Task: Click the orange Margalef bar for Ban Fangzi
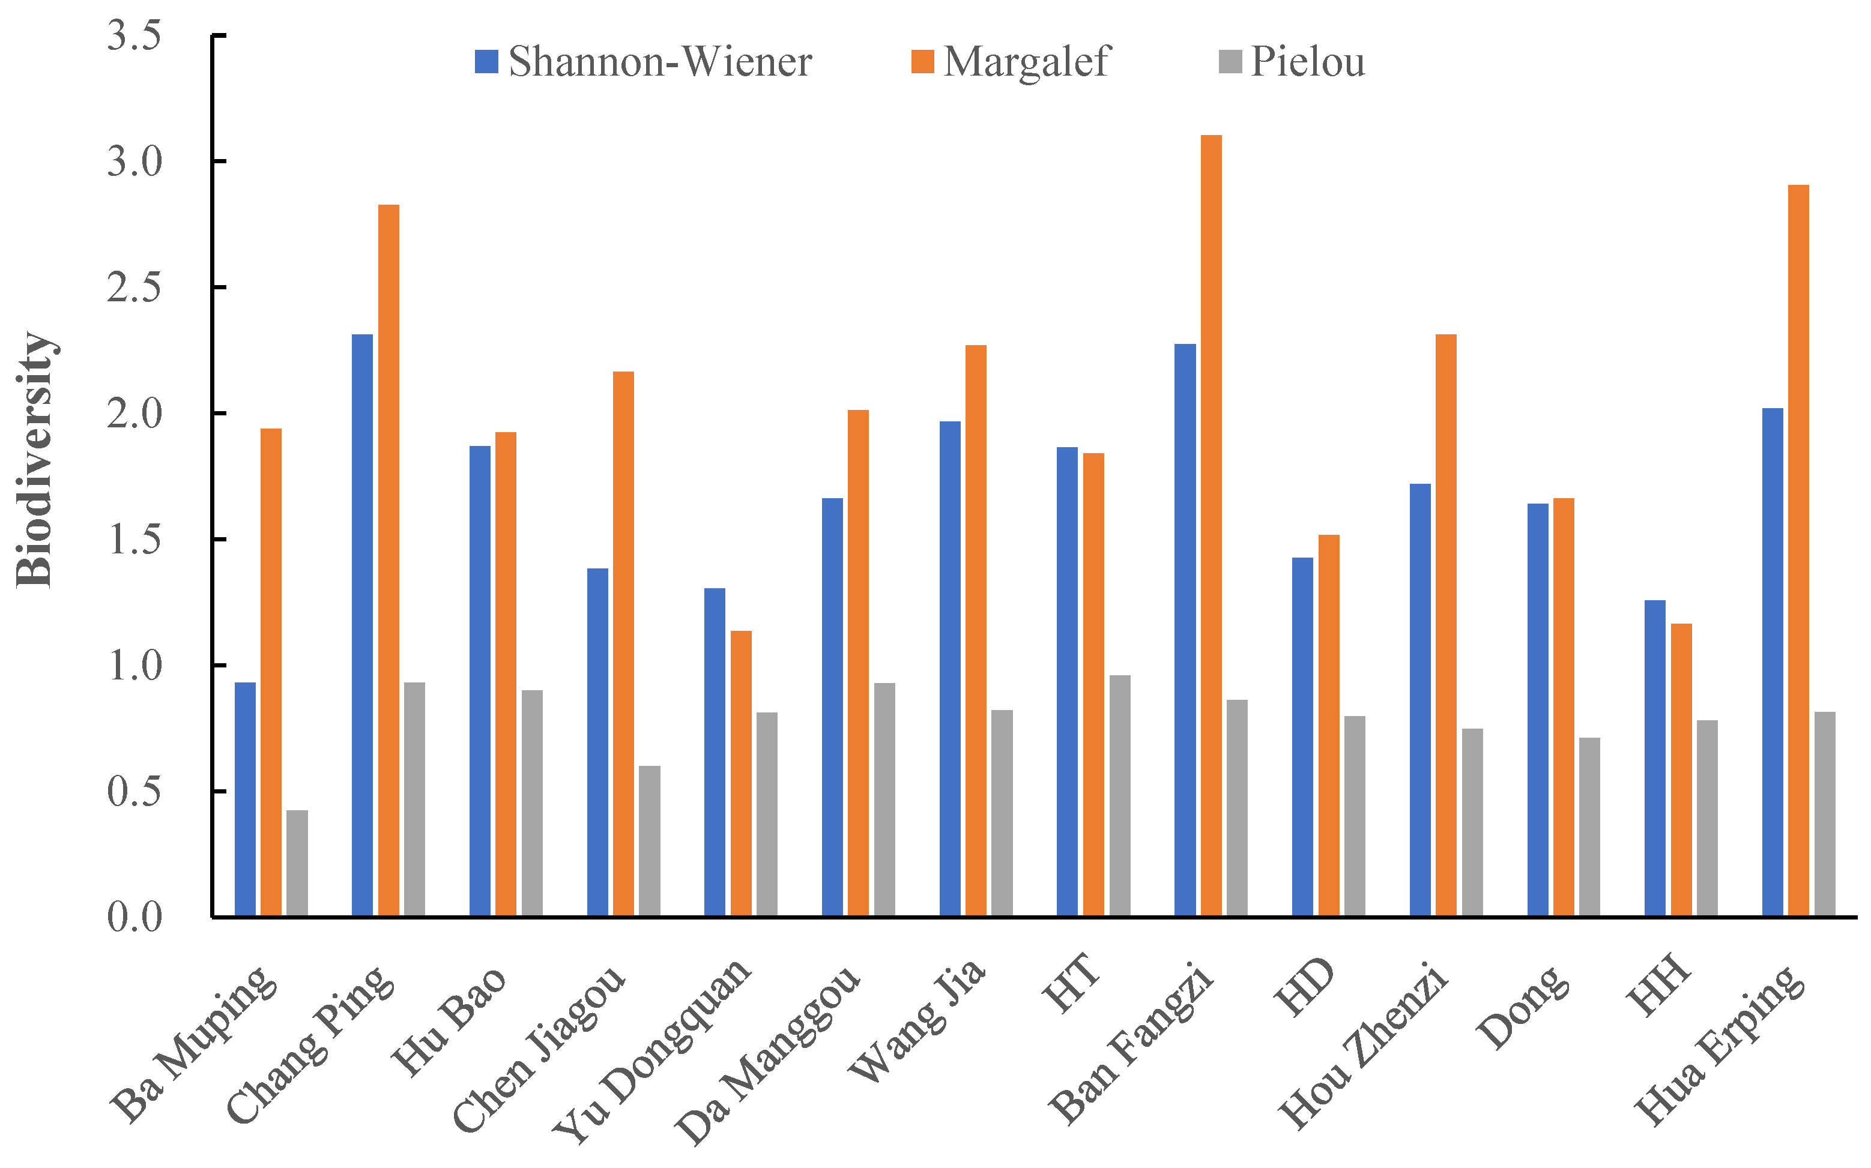pyautogui.click(x=1211, y=525)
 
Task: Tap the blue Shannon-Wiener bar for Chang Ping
pyautogui.click(x=361, y=625)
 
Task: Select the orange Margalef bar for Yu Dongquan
pyautogui.click(x=740, y=773)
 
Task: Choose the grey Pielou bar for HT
pyautogui.click(x=1120, y=796)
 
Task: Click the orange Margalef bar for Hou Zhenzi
pyautogui.click(x=1445, y=625)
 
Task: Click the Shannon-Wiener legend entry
pyautogui.click(x=643, y=62)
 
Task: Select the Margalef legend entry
pyautogui.click(x=1011, y=62)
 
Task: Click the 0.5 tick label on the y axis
pyautogui.click(x=135, y=792)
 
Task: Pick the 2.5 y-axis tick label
pyautogui.click(x=135, y=287)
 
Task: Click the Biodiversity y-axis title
pyautogui.click(x=34, y=460)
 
